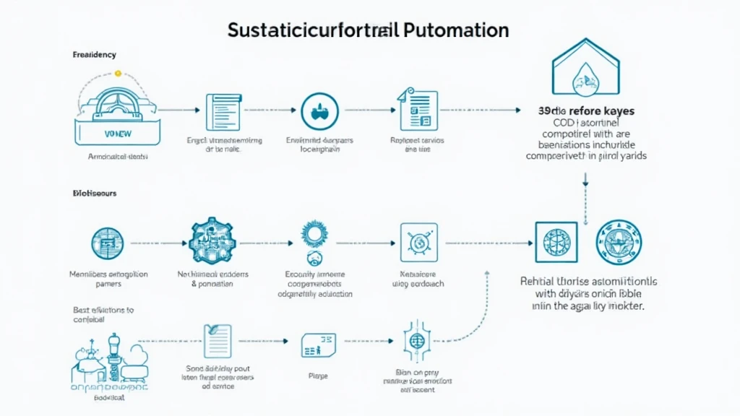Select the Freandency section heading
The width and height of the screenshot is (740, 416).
(94, 55)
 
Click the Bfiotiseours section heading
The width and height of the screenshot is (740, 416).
(95, 194)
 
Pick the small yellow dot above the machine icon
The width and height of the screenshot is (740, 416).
(119, 74)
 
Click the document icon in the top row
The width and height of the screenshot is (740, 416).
(223, 111)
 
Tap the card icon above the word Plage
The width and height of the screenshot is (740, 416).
(318, 345)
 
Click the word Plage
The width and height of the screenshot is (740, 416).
(317, 376)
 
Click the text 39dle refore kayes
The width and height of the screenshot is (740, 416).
(586, 111)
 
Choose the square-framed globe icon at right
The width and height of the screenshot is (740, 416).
(556, 242)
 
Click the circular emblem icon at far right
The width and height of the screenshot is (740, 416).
(619, 242)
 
